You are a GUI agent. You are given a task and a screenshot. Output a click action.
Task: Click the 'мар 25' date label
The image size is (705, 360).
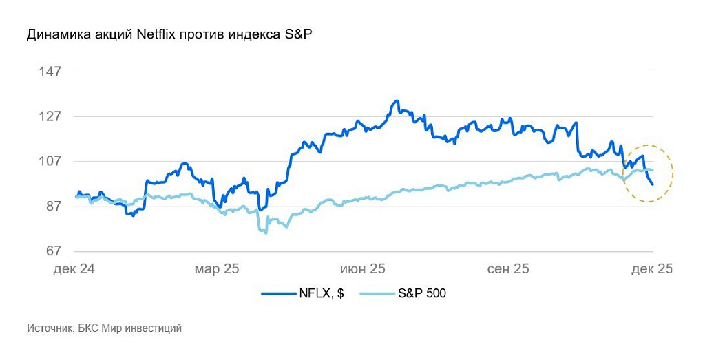(x=217, y=268)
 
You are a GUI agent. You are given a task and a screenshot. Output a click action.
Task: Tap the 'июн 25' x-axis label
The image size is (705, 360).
(x=361, y=268)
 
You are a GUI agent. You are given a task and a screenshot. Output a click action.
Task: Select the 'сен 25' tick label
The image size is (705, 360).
(x=508, y=268)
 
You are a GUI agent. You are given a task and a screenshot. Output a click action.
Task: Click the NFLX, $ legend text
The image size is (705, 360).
(x=322, y=294)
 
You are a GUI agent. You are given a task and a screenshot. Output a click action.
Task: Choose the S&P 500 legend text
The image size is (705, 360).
(x=422, y=294)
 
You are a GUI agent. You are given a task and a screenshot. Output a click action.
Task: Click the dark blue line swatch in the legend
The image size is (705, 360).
(x=277, y=294)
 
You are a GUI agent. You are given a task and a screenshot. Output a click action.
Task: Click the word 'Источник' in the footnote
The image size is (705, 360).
(x=50, y=329)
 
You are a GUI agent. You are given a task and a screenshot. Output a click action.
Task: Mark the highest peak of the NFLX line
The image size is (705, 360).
(x=397, y=101)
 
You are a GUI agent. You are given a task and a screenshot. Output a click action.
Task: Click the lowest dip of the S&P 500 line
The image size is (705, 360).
(x=266, y=233)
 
